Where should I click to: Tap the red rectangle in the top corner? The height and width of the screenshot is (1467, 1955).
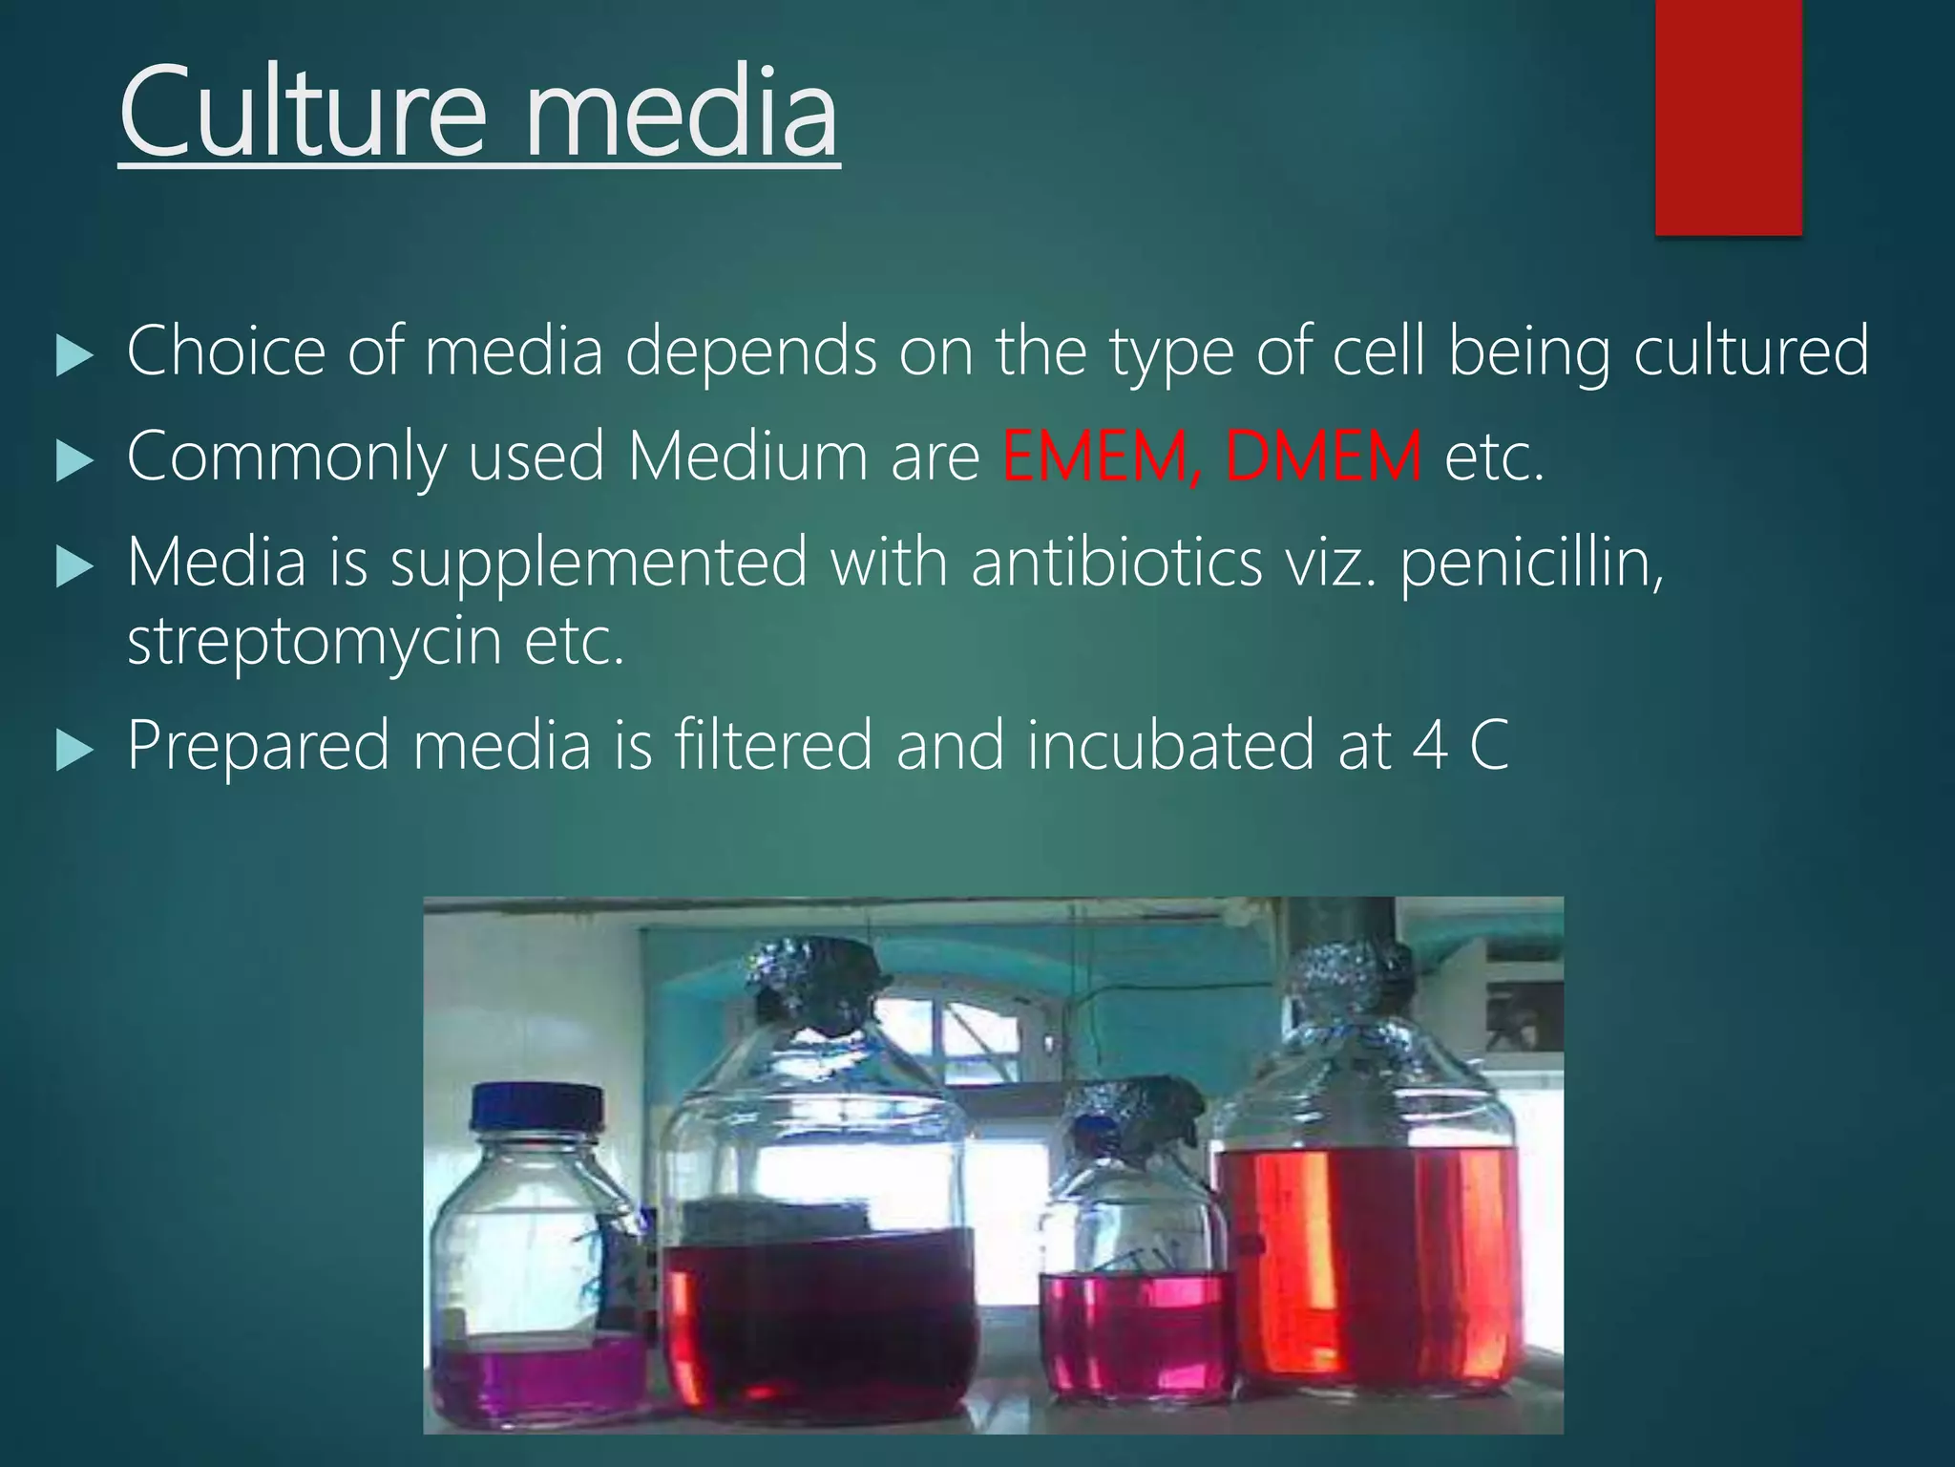[1728, 117]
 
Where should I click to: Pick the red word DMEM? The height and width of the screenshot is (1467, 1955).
[1323, 457]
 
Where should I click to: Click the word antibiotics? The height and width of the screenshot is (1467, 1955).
[1116, 562]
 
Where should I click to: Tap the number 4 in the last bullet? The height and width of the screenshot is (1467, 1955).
[1429, 746]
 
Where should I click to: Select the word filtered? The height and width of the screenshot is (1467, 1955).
[773, 745]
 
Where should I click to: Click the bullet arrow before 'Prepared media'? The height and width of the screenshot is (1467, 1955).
[74, 751]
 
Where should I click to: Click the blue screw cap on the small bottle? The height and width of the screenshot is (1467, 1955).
[537, 1106]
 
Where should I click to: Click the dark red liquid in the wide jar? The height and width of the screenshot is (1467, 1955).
[821, 1328]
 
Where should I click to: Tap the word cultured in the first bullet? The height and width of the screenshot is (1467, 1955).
[1751, 351]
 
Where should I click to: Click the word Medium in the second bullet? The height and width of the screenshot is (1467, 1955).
[746, 457]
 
